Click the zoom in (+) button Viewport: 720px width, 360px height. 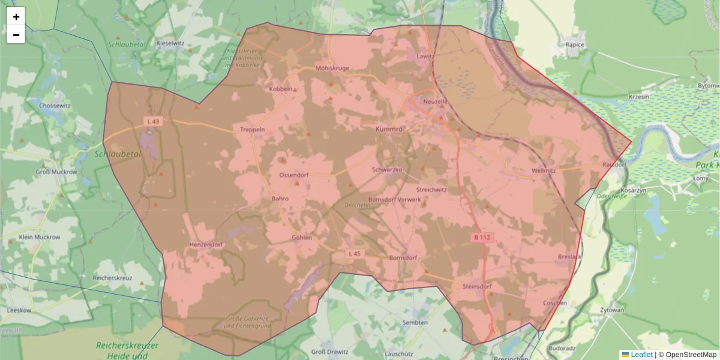coord(16,17)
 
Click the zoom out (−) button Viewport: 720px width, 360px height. coord(16,35)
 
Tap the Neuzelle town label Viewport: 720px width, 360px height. coord(436,101)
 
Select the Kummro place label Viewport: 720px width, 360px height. coord(388,129)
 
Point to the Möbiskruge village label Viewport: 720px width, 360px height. coord(332,68)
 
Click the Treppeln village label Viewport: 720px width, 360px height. coord(252,130)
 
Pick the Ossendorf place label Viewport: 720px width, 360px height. coord(294,175)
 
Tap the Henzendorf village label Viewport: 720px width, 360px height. coord(206,245)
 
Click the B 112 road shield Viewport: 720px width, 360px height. coord(481,238)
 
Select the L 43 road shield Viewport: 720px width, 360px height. coord(153,121)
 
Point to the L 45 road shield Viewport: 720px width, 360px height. coord(355,254)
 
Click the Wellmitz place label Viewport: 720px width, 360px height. coord(544,170)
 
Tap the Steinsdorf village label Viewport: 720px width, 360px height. coord(477,287)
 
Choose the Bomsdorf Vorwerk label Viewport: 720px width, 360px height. coord(394,199)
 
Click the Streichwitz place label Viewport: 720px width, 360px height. coord(431,190)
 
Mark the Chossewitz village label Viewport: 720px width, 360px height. coord(55,106)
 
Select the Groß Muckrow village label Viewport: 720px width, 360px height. coord(56,172)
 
